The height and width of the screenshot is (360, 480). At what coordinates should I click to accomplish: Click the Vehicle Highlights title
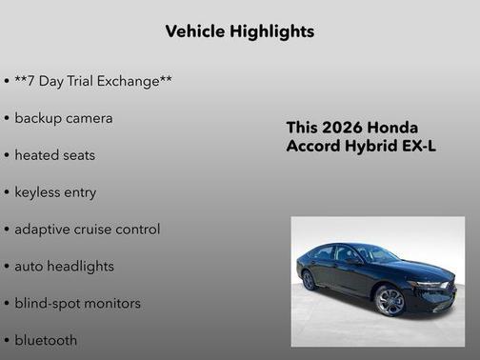[239, 31]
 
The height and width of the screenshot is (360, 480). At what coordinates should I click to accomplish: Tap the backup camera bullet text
[64, 118]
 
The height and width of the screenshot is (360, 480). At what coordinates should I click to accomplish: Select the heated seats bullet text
[55, 154]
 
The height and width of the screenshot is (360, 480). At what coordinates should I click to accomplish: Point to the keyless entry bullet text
[55, 191]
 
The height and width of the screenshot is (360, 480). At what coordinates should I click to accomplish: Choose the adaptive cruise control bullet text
[88, 229]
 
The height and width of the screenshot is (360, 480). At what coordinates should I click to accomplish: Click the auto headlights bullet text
[64, 266]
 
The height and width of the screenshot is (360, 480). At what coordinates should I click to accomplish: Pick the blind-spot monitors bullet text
[77, 303]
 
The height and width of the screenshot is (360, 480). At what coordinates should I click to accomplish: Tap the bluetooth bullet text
[46, 340]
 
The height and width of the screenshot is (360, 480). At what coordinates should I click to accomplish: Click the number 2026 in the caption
[342, 128]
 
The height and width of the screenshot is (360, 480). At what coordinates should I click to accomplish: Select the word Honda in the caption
[392, 128]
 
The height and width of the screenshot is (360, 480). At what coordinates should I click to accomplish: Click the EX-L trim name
[418, 147]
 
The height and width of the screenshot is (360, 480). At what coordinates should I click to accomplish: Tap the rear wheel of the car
[309, 280]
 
